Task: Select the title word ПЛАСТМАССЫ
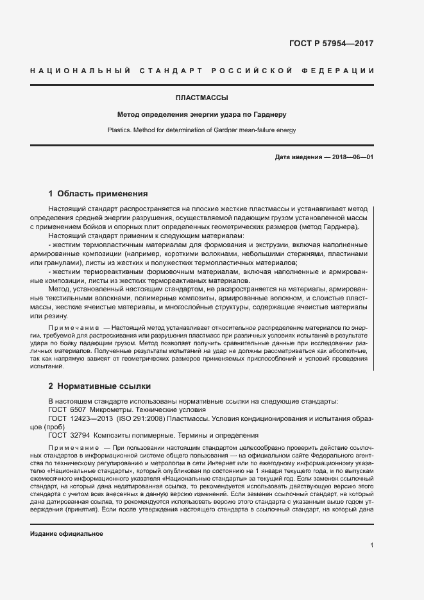202,98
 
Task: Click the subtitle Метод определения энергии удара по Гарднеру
202,115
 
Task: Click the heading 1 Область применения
98,193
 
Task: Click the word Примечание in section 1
70,328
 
